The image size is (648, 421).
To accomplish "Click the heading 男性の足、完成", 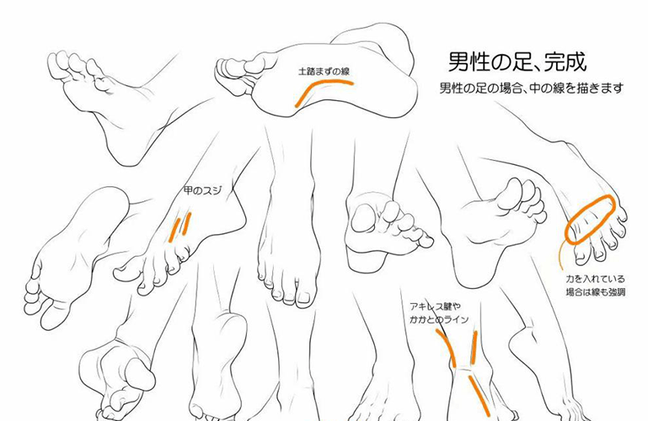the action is click(517, 62).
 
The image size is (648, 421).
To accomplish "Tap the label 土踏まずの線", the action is click(324, 72).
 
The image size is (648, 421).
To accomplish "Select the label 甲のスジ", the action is click(202, 190).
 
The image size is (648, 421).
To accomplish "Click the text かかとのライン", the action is click(439, 319).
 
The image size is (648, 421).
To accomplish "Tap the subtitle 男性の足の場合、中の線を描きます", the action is click(531, 88).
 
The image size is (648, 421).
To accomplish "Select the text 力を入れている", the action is click(595, 280).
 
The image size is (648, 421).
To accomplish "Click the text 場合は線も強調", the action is click(595, 292).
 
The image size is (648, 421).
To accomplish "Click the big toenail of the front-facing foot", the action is click(304, 297).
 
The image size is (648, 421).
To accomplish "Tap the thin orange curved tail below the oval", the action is click(560, 256).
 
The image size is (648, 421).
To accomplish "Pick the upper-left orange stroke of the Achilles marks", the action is click(447, 348).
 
